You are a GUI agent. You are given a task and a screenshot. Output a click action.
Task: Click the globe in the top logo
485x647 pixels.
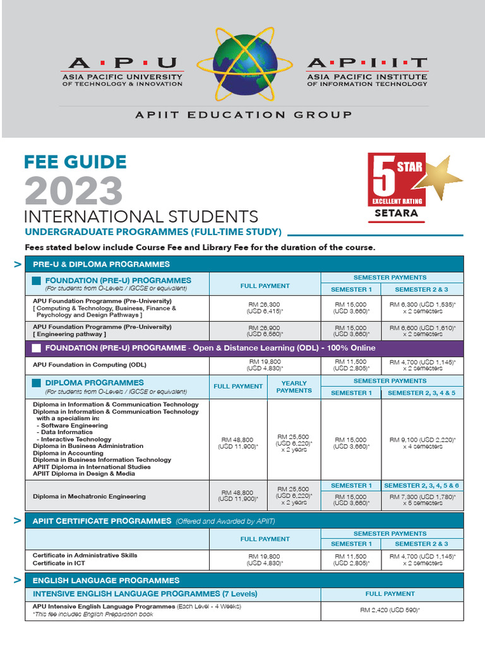tap(244, 62)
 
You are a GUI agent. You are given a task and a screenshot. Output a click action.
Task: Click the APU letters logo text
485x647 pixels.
tap(123, 63)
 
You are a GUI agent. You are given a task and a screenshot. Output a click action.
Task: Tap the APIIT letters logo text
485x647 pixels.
tap(366, 63)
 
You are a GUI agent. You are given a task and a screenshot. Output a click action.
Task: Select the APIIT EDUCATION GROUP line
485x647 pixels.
tap(243, 114)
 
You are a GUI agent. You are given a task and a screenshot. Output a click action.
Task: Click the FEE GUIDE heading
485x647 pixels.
tap(75, 162)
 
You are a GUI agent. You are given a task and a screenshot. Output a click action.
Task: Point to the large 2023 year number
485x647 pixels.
tap(74, 191)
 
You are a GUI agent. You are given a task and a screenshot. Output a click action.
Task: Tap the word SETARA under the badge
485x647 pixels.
tap(396, 213)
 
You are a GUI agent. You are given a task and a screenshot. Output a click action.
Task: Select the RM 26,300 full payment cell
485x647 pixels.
tap(265, 308)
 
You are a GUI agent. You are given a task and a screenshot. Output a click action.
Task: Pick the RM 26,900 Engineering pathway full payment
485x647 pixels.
tap(265, 331)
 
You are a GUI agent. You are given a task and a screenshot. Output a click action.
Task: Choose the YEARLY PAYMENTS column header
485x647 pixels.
tap(294, 387)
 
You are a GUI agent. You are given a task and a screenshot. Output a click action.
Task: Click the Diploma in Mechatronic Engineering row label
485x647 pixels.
tap(89, 497)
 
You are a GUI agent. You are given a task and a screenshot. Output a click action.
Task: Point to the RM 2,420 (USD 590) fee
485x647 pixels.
tap(390, 610)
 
